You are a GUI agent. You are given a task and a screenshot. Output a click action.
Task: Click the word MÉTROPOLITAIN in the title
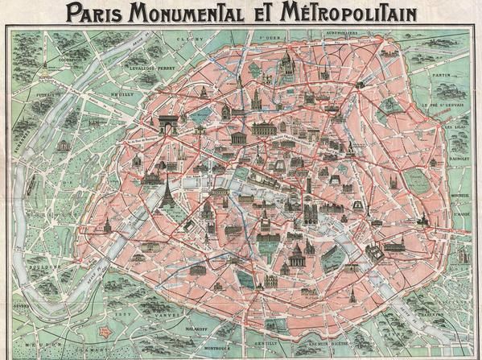point(346,12)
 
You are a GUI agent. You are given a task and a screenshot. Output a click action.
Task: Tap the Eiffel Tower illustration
point(168,192)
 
